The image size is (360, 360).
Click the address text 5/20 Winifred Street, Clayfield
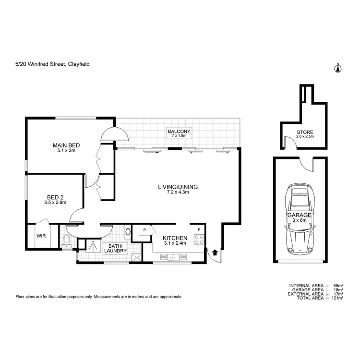pos(52,63)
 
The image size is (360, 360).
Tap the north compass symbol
pos(337,68)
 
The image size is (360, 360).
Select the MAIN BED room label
pos(66,145)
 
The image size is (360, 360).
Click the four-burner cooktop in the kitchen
pos(198,239)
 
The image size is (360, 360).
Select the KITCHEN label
pos(175,238)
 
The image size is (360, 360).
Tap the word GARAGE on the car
pos(300,216)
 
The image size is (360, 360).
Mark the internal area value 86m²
pos(338,286)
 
